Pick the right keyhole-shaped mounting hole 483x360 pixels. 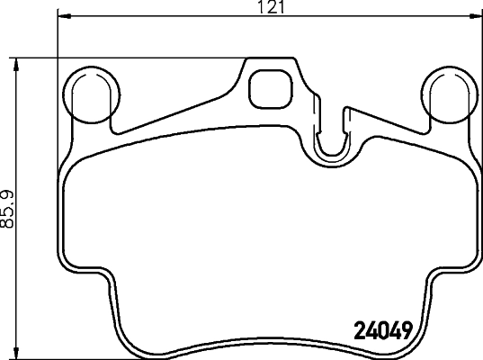coord(448,94)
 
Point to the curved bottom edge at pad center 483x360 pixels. coord(268,350)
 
